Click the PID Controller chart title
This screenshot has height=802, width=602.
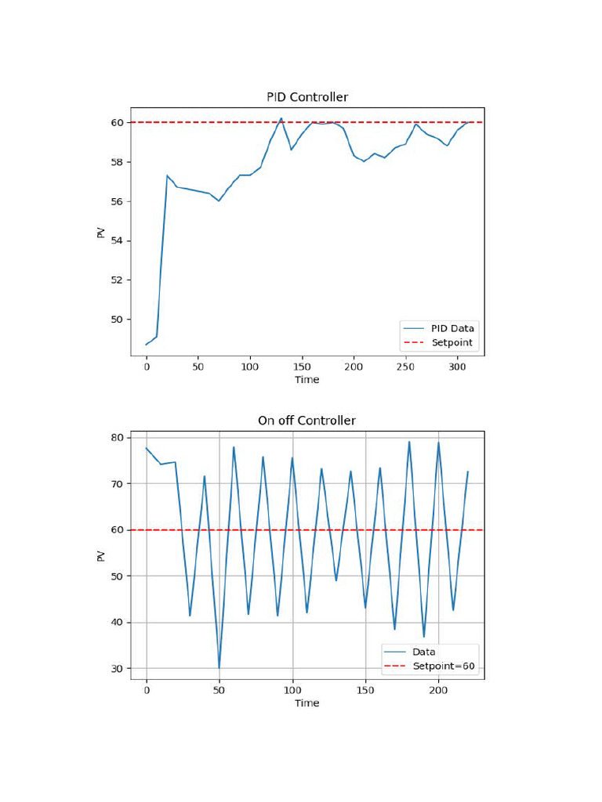[306, 97]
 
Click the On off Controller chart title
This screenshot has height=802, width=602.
[306, 421]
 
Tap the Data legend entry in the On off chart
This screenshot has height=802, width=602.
[424, 652]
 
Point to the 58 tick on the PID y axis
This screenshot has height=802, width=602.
[116, 162]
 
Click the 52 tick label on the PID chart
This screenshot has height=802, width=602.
[116, 280]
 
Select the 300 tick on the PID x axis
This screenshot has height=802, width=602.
[458, 367]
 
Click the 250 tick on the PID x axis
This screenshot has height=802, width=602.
[406, 367]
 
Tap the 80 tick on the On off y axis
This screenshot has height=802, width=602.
[116, 438]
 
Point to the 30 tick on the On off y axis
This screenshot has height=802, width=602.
[116, 669]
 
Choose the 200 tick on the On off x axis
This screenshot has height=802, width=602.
[438, 690]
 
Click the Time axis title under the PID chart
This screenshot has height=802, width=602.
[306, 380]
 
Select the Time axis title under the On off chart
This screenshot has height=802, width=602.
[306, 703]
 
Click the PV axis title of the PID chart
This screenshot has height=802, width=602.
[100, 233]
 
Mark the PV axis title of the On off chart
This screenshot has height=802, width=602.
[100, 556]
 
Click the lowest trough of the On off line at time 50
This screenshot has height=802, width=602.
[219, 668]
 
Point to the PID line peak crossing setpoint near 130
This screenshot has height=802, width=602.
[281, 118]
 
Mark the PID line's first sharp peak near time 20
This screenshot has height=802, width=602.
[167, 175]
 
